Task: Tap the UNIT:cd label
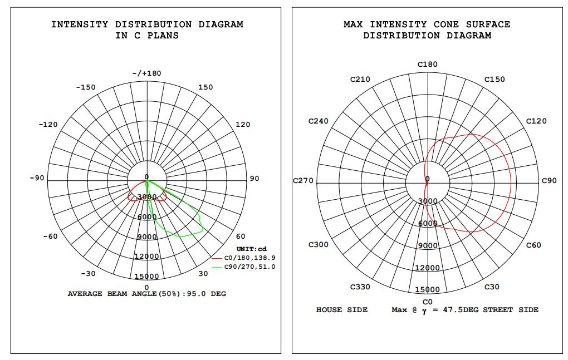251,249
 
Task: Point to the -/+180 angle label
146,73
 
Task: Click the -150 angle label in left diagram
86,87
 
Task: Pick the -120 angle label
48,125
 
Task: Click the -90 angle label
37,178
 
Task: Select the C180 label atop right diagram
428,65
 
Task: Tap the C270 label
303,180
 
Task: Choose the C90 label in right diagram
549,180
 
